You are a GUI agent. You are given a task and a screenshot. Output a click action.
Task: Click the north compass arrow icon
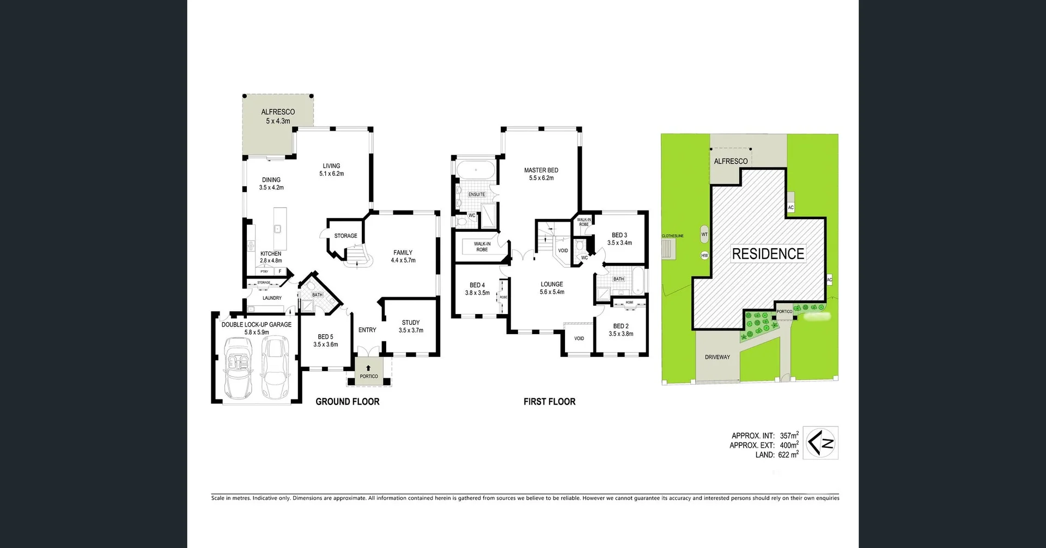820,443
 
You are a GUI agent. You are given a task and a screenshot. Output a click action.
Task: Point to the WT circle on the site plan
704,235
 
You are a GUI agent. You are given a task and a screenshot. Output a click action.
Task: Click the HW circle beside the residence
704,255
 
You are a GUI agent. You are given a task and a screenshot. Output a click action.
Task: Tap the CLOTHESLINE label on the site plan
672,236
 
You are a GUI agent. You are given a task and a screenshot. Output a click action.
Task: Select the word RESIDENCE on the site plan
768,254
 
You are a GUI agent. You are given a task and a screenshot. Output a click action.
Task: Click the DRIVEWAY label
717,357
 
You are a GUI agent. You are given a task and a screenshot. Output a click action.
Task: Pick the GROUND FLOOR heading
348,402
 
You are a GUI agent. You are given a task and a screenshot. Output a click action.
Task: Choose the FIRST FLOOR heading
549,402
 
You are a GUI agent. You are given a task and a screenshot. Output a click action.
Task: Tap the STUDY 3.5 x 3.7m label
411,327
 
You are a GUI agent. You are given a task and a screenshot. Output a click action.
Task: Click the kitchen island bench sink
277,229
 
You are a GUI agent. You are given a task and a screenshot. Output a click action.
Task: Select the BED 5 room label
325,341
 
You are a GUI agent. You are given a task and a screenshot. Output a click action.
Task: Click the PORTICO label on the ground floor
369,376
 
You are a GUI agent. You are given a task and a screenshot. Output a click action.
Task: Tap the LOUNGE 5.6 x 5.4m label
552,288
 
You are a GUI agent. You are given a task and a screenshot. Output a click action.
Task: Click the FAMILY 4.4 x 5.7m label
403,256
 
